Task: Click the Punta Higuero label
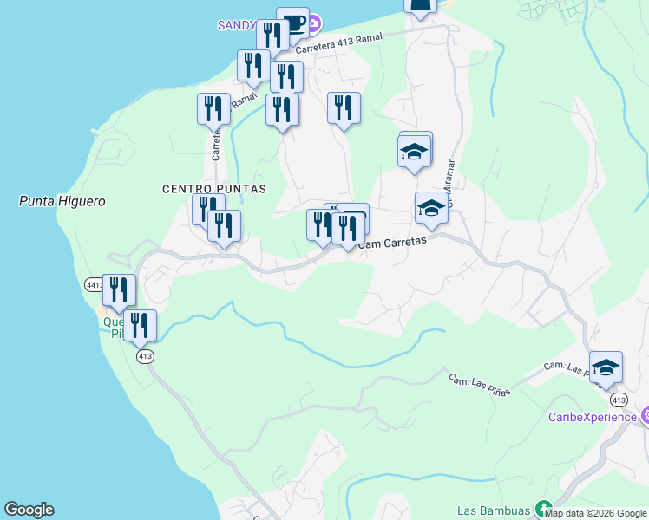point(62,201)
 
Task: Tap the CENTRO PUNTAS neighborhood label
point(213,188)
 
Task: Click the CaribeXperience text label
point(593,417)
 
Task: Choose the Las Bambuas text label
point(495,510)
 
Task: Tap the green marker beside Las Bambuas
point(544,509)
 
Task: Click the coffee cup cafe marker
point(292,23)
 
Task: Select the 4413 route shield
point(95,284)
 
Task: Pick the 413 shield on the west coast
point(145,356)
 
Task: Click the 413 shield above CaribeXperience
point(618,400)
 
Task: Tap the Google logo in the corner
point(29,510)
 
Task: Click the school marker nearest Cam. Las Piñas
point(606,367)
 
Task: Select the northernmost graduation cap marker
point(415,152)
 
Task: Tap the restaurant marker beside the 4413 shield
point(118,290)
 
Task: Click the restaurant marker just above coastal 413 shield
point(140,326)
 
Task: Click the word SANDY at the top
point(235,24)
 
